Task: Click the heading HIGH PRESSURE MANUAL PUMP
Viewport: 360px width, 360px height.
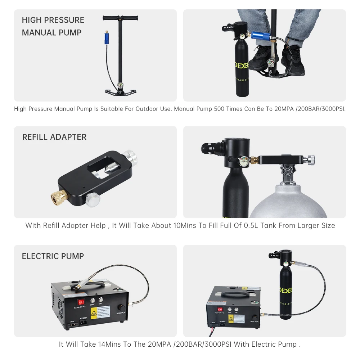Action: [x=53, y=26]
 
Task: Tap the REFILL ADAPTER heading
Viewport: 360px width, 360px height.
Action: [x=54, y=137]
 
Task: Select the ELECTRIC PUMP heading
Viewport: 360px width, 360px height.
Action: [x=53, y=256]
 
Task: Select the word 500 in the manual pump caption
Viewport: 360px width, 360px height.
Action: [x=220, y=109]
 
